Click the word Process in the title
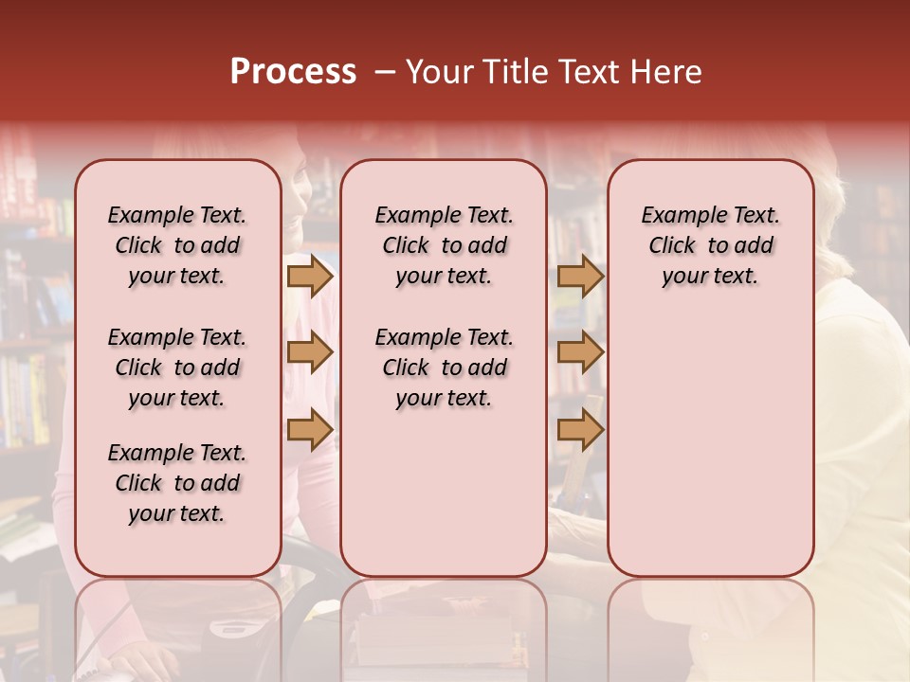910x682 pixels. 293,72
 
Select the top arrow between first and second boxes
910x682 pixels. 310,276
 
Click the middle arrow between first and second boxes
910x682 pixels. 310,352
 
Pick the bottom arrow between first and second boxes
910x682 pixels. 310,429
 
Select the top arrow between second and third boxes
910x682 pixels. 580,276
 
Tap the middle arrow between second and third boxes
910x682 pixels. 580,352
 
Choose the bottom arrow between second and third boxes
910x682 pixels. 580,429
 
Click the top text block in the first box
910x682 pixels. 177,245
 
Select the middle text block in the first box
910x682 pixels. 177,368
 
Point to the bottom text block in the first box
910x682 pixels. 177,483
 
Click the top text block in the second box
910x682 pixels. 444,245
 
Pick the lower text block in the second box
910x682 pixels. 444,368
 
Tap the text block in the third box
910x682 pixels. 710,245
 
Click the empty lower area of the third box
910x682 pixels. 710,445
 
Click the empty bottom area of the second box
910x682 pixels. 444,502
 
